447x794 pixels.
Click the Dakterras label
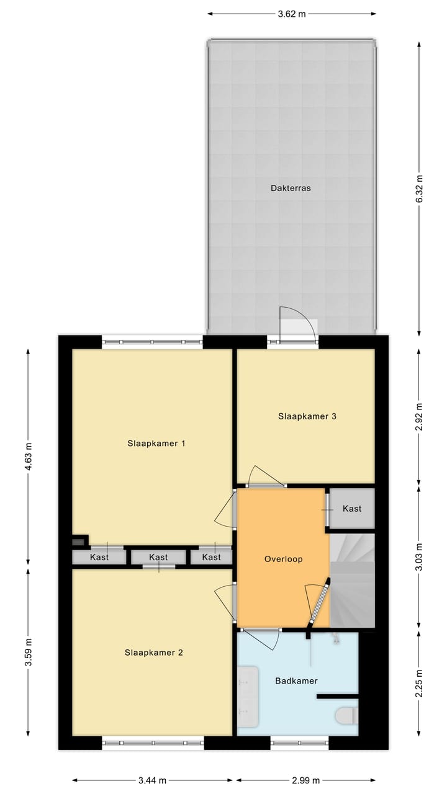coord(291,188)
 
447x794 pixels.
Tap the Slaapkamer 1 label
coord(156,443)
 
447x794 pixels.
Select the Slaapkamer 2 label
coord(153,652)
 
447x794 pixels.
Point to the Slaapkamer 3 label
coord(307,416)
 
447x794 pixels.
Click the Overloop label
coord(282,558)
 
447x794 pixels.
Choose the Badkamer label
coord(296,680)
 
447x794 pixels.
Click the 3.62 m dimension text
coord(292,13)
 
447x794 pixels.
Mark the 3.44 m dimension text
coord(153,780)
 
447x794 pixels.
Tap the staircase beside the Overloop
coord(352,581)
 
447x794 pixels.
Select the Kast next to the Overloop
coord(351,509)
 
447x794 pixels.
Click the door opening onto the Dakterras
coord(297,326)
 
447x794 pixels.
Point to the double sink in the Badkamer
coord(248,696)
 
